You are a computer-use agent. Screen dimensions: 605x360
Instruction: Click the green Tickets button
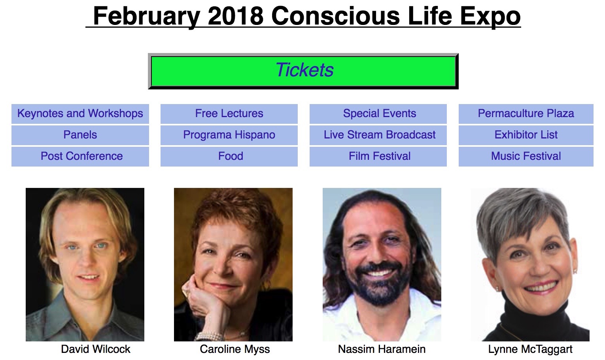(303, 71)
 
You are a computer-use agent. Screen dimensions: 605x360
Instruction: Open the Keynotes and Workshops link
(80, 114)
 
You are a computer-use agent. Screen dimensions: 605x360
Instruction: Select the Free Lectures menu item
(229, 114)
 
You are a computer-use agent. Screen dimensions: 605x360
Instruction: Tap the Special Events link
(378, 114)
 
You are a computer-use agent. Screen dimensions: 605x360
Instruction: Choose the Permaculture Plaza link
(526, 114)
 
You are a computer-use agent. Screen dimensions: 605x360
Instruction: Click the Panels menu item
(80, 135)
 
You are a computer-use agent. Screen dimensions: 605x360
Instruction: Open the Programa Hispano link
(229, 135)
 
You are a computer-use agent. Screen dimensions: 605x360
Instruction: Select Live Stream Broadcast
(378, 135)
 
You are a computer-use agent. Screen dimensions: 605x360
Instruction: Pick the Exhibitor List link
(526, 135)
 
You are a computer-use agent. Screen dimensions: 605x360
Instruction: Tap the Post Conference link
(80, 156)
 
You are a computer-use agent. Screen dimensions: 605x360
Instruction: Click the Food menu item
(229, 156)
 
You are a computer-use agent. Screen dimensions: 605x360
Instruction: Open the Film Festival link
(378, 156)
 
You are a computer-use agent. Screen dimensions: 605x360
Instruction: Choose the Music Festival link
(526, 156)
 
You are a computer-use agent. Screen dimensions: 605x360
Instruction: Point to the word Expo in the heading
(490, 17)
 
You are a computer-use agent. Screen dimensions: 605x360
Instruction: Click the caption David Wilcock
(96, 349)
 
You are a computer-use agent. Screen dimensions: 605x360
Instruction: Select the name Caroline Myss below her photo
(235, 349)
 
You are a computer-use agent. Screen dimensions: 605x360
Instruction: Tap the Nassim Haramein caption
(382, 349)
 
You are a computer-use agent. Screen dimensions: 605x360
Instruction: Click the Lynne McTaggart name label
(530, 349)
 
